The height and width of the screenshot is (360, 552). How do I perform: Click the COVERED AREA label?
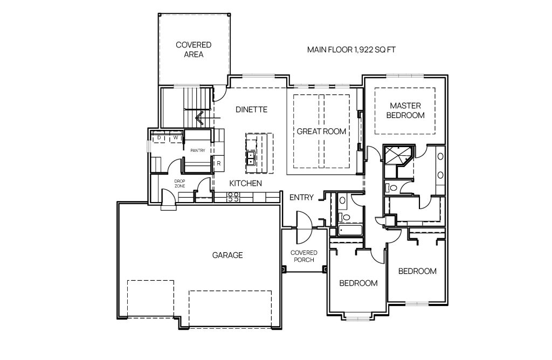click(x=194, y=50)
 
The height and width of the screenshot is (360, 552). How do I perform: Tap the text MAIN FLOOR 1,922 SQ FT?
click(x=351, y=50)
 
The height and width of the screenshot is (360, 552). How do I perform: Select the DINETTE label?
click(x=251, y=109)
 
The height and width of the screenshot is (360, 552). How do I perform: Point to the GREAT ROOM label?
click(x=321, y=131)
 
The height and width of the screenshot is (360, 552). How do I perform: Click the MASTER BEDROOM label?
click(x=405, y=110)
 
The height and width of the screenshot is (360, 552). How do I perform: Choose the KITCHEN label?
click(x=245, y=183)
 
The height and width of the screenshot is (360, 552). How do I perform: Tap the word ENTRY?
click(x=301, y=197)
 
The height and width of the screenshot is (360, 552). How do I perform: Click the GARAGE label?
click(x=227, y=255)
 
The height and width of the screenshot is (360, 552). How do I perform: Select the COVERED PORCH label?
click(x=304, y=256)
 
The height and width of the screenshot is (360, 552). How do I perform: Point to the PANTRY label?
click(x=197, y=150)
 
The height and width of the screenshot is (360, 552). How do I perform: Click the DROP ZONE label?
click(x=180, y=183)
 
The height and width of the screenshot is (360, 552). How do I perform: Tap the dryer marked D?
click(x=159, y=138)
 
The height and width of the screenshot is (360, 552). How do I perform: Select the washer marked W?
click(x=175, y=138)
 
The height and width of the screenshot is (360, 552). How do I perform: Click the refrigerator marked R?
click(x=219, y=164)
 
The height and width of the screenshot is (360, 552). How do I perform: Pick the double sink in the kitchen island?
click(x=251, y=158)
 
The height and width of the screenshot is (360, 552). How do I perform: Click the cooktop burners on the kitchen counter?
click(x=233, y=197)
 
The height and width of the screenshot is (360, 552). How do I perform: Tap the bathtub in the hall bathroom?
click(x=350, y=231)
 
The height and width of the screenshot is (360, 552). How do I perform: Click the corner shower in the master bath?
click(x=399, y=156)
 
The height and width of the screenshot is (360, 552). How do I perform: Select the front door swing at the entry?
click(x=304, y=227)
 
